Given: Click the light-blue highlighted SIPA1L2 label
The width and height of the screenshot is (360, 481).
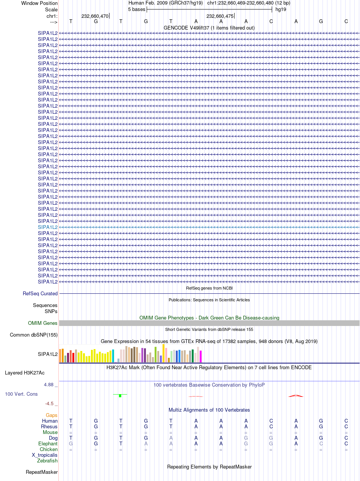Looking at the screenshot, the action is (x=48, y=227).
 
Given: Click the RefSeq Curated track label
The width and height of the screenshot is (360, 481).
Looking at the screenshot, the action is (x=40, y=293).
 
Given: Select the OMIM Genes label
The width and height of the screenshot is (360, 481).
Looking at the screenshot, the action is (x=43, y=323).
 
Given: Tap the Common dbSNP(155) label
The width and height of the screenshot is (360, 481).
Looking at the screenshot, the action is (x=34, y=335).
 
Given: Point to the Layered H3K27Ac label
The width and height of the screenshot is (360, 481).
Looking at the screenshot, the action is (x=25, y=373).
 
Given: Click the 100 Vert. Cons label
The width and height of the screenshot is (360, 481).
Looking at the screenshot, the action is (x=21, y=394).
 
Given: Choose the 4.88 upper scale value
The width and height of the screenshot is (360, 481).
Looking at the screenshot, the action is (x=49, y=385).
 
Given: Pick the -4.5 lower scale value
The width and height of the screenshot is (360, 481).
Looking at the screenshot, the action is (x=49, y=403).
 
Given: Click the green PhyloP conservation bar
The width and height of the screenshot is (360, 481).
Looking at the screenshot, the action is (x=120, y=396).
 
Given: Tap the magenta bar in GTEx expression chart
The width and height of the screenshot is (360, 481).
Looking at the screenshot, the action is (x=200, y=356).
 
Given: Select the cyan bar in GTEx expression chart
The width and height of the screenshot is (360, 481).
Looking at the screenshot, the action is (x=113, y=356).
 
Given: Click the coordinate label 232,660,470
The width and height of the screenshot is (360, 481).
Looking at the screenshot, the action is (x=95, y=16).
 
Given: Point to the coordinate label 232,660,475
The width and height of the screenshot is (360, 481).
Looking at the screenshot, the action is (x=220, y=16).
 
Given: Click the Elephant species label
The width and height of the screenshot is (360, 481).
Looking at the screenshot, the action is (x=48, y=443).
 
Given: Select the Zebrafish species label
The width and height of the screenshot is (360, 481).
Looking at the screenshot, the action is (x=47, y=461).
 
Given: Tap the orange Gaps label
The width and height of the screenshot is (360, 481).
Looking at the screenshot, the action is (x=52, y=415).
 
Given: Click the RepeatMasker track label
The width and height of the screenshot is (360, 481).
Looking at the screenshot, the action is (x=42, y=472).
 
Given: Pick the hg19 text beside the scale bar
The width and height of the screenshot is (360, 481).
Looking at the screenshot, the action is (x=281, y=9).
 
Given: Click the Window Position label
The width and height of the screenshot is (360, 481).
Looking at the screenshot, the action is (x=39, y=3).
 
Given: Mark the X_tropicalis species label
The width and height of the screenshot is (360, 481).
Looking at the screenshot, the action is (x=45, y=455).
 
